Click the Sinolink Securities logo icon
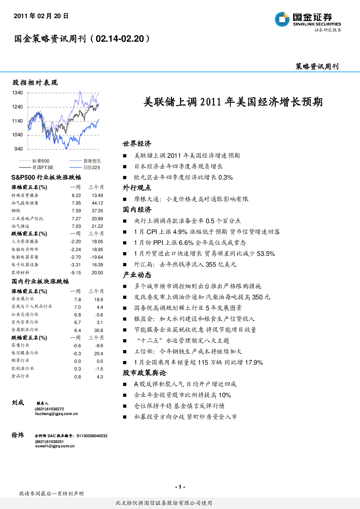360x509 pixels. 282,19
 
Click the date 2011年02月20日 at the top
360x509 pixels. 41,16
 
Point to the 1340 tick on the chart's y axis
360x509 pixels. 17,93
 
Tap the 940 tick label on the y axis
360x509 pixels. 19,149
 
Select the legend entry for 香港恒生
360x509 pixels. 85,161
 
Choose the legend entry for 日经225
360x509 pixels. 85,168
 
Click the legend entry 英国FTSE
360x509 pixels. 36,168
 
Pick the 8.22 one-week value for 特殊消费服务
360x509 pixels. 76,196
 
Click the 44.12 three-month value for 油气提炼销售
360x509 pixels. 97,203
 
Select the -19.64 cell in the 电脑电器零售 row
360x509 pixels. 97,257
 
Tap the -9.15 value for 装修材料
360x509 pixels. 75,273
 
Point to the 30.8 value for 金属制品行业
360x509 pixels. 99,331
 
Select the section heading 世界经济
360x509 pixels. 137,144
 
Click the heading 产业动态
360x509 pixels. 137,275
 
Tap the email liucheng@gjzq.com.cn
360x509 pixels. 56,414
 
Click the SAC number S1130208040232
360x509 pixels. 92,436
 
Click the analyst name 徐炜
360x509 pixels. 17,435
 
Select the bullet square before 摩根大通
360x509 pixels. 124,199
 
